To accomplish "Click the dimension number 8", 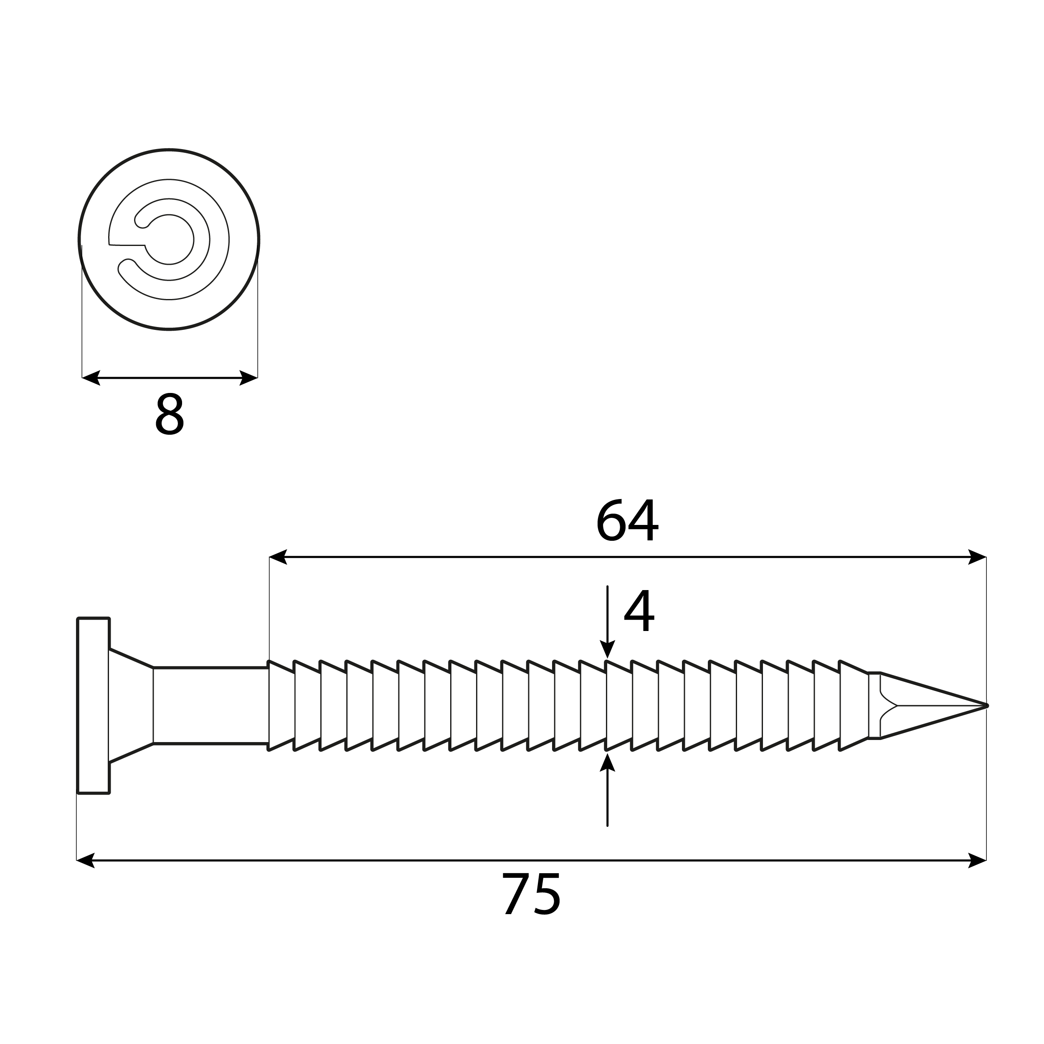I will [x=169, y=414].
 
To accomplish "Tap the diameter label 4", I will [x=639, y=611].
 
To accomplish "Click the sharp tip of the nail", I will [x=985, y=706].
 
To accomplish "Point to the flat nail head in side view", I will [x=94, y=706].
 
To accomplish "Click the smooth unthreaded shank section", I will [x=211, y=706].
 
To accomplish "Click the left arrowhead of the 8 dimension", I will [x=91, y=378].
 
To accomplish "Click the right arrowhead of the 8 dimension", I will [x=248, y=378].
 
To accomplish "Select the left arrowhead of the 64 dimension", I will [x=278, y=557].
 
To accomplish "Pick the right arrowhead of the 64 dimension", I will [x=978, y=557].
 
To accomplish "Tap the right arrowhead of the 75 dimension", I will [x=978, y=860].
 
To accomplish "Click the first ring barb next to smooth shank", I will [x=281, y=706].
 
